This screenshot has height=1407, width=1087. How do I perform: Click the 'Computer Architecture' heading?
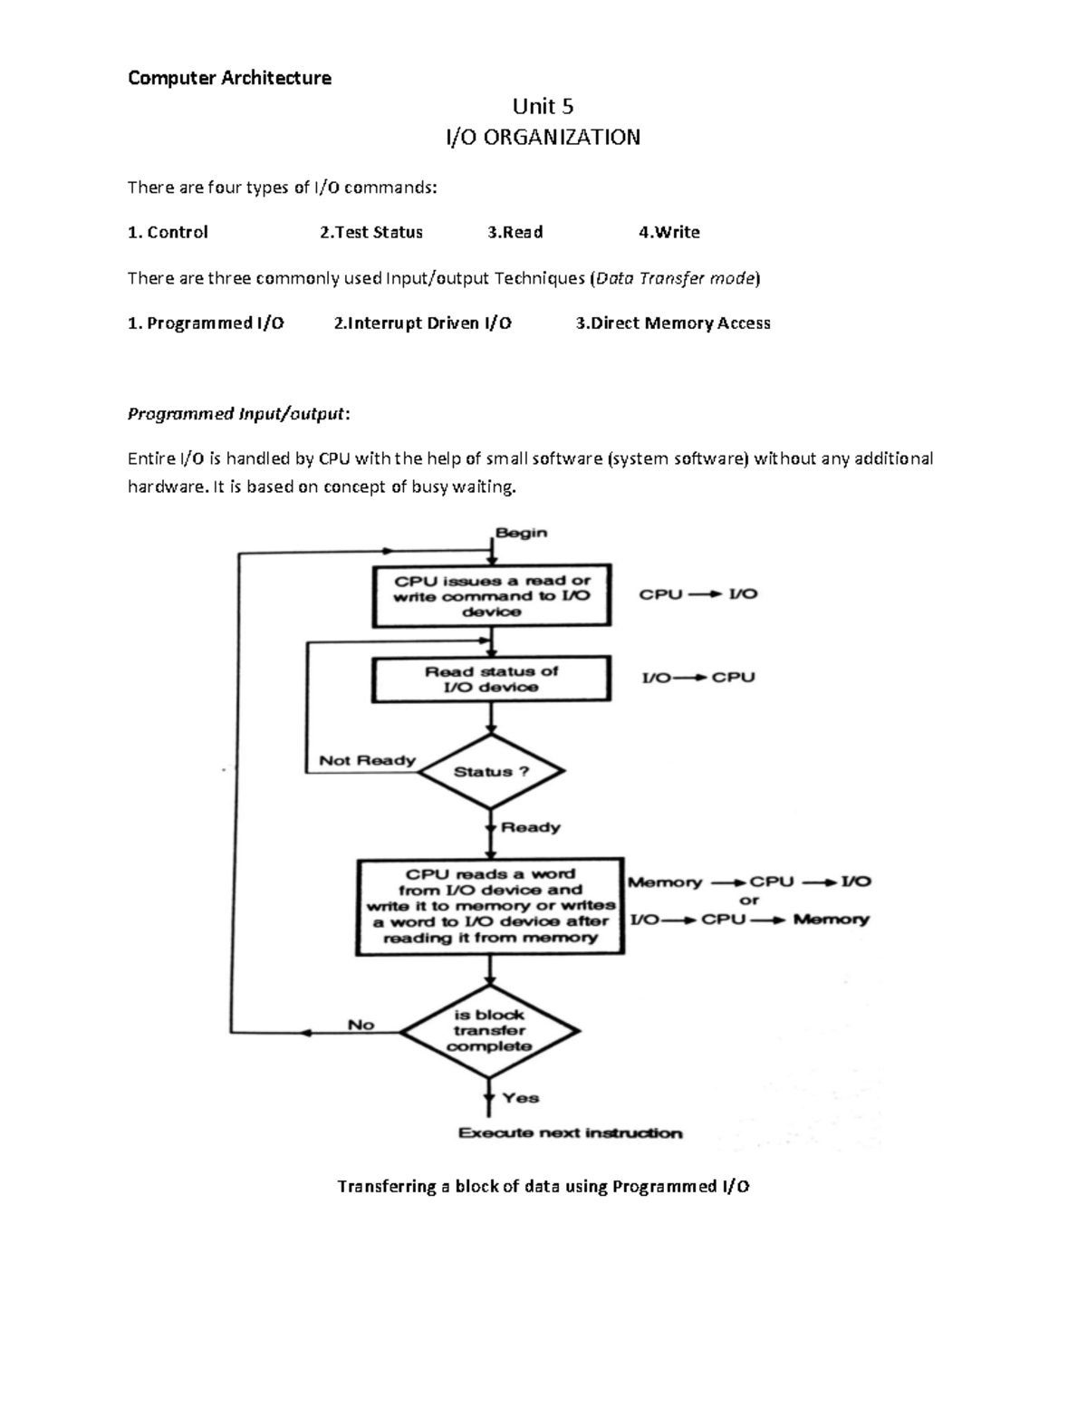229,78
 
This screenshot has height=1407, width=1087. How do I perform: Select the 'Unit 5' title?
543,105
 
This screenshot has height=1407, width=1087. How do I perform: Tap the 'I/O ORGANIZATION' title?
543,138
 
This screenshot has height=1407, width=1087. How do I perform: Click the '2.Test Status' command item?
371,232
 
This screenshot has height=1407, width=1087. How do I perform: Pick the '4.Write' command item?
669,232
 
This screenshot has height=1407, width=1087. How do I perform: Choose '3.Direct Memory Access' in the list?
673,323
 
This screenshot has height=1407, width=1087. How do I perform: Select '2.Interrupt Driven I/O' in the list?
422,323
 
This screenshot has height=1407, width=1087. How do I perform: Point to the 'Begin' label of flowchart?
521,532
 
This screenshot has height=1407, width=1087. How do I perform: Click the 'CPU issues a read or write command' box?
491,596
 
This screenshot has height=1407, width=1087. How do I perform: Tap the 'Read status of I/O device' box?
491,679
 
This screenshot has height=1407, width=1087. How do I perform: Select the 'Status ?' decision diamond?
491,771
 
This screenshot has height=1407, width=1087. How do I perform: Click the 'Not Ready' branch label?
367,760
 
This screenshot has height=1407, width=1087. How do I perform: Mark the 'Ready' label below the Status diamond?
531,827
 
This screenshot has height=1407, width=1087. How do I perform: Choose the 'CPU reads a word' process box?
490,906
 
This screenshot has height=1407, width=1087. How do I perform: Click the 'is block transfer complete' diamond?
489,1030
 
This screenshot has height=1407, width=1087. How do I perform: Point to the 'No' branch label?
361,1025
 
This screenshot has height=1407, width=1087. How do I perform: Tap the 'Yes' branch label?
521,1097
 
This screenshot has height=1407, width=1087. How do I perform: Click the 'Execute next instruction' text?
571,1132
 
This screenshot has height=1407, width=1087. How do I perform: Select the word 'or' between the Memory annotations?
749,900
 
